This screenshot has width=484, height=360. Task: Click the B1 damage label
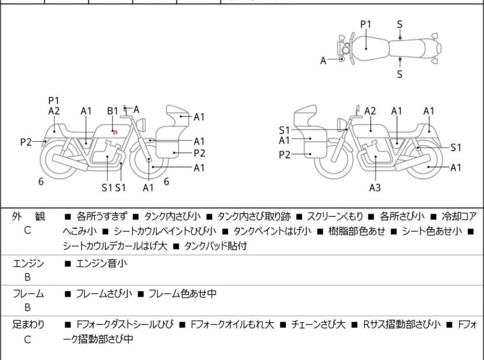pos(113,111)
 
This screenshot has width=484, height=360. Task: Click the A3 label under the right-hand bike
pos(374,188)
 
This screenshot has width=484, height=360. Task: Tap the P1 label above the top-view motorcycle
pos(365,24)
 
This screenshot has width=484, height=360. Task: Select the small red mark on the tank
pos(115,132)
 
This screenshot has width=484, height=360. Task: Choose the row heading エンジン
pos(28,263)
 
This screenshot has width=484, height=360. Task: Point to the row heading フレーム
pos(28,294)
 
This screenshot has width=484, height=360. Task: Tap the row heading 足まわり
pos(28,325)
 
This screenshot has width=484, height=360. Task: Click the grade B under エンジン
pos(28,277)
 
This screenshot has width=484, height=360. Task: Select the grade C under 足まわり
pos(28,339)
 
